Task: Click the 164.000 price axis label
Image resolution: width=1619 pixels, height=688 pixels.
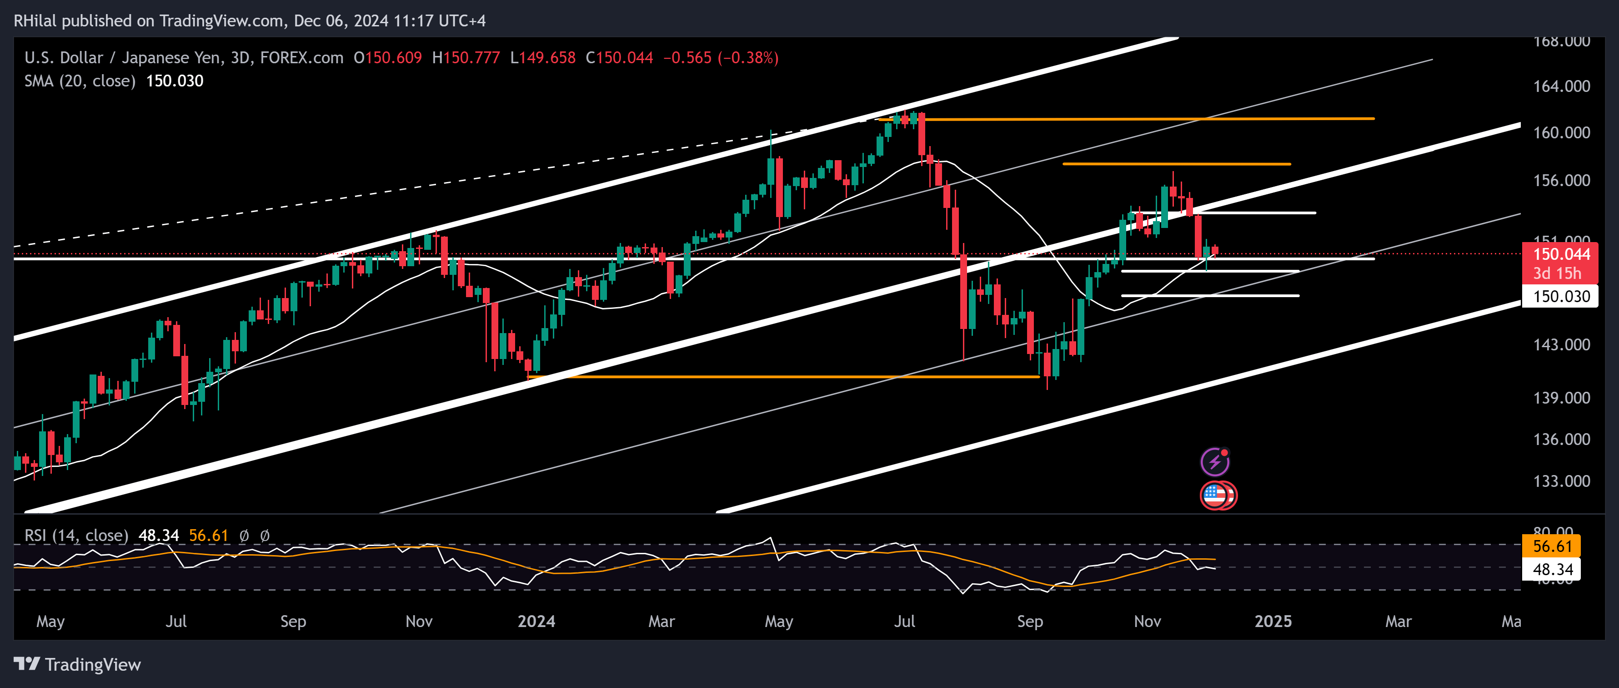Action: (x=1561, y=86)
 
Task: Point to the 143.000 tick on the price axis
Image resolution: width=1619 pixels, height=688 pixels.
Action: (x=1561, y=344)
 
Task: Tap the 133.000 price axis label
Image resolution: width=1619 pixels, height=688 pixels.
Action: (x=1561, y=481)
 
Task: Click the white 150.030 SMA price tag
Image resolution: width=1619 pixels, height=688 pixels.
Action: (x=1561, y=296)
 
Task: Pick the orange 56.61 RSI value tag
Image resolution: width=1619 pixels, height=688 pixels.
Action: (x=1552, y=546)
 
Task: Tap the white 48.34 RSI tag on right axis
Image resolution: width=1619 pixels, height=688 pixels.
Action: (x=1552, y=570)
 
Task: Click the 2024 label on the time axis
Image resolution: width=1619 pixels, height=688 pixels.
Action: (x=536, y=621)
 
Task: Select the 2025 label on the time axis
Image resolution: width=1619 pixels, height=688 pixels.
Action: (x=1273, y=621)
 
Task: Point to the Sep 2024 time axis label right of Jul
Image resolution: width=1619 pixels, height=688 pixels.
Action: (x=1029, y=621)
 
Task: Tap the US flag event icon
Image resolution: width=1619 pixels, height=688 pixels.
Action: (x=1215, y=496)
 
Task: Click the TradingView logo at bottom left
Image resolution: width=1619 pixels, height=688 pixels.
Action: (x=77, y=665)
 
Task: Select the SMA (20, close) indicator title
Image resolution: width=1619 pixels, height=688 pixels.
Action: (x=80, y=81)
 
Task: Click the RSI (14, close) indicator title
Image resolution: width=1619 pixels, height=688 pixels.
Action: (x=76, y=535)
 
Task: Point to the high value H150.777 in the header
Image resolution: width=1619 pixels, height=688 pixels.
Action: (x=466, y=58)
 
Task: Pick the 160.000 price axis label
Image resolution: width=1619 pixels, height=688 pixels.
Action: (x=1561, y=133)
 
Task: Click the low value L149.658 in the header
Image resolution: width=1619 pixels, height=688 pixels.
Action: (x=542, y=58)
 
